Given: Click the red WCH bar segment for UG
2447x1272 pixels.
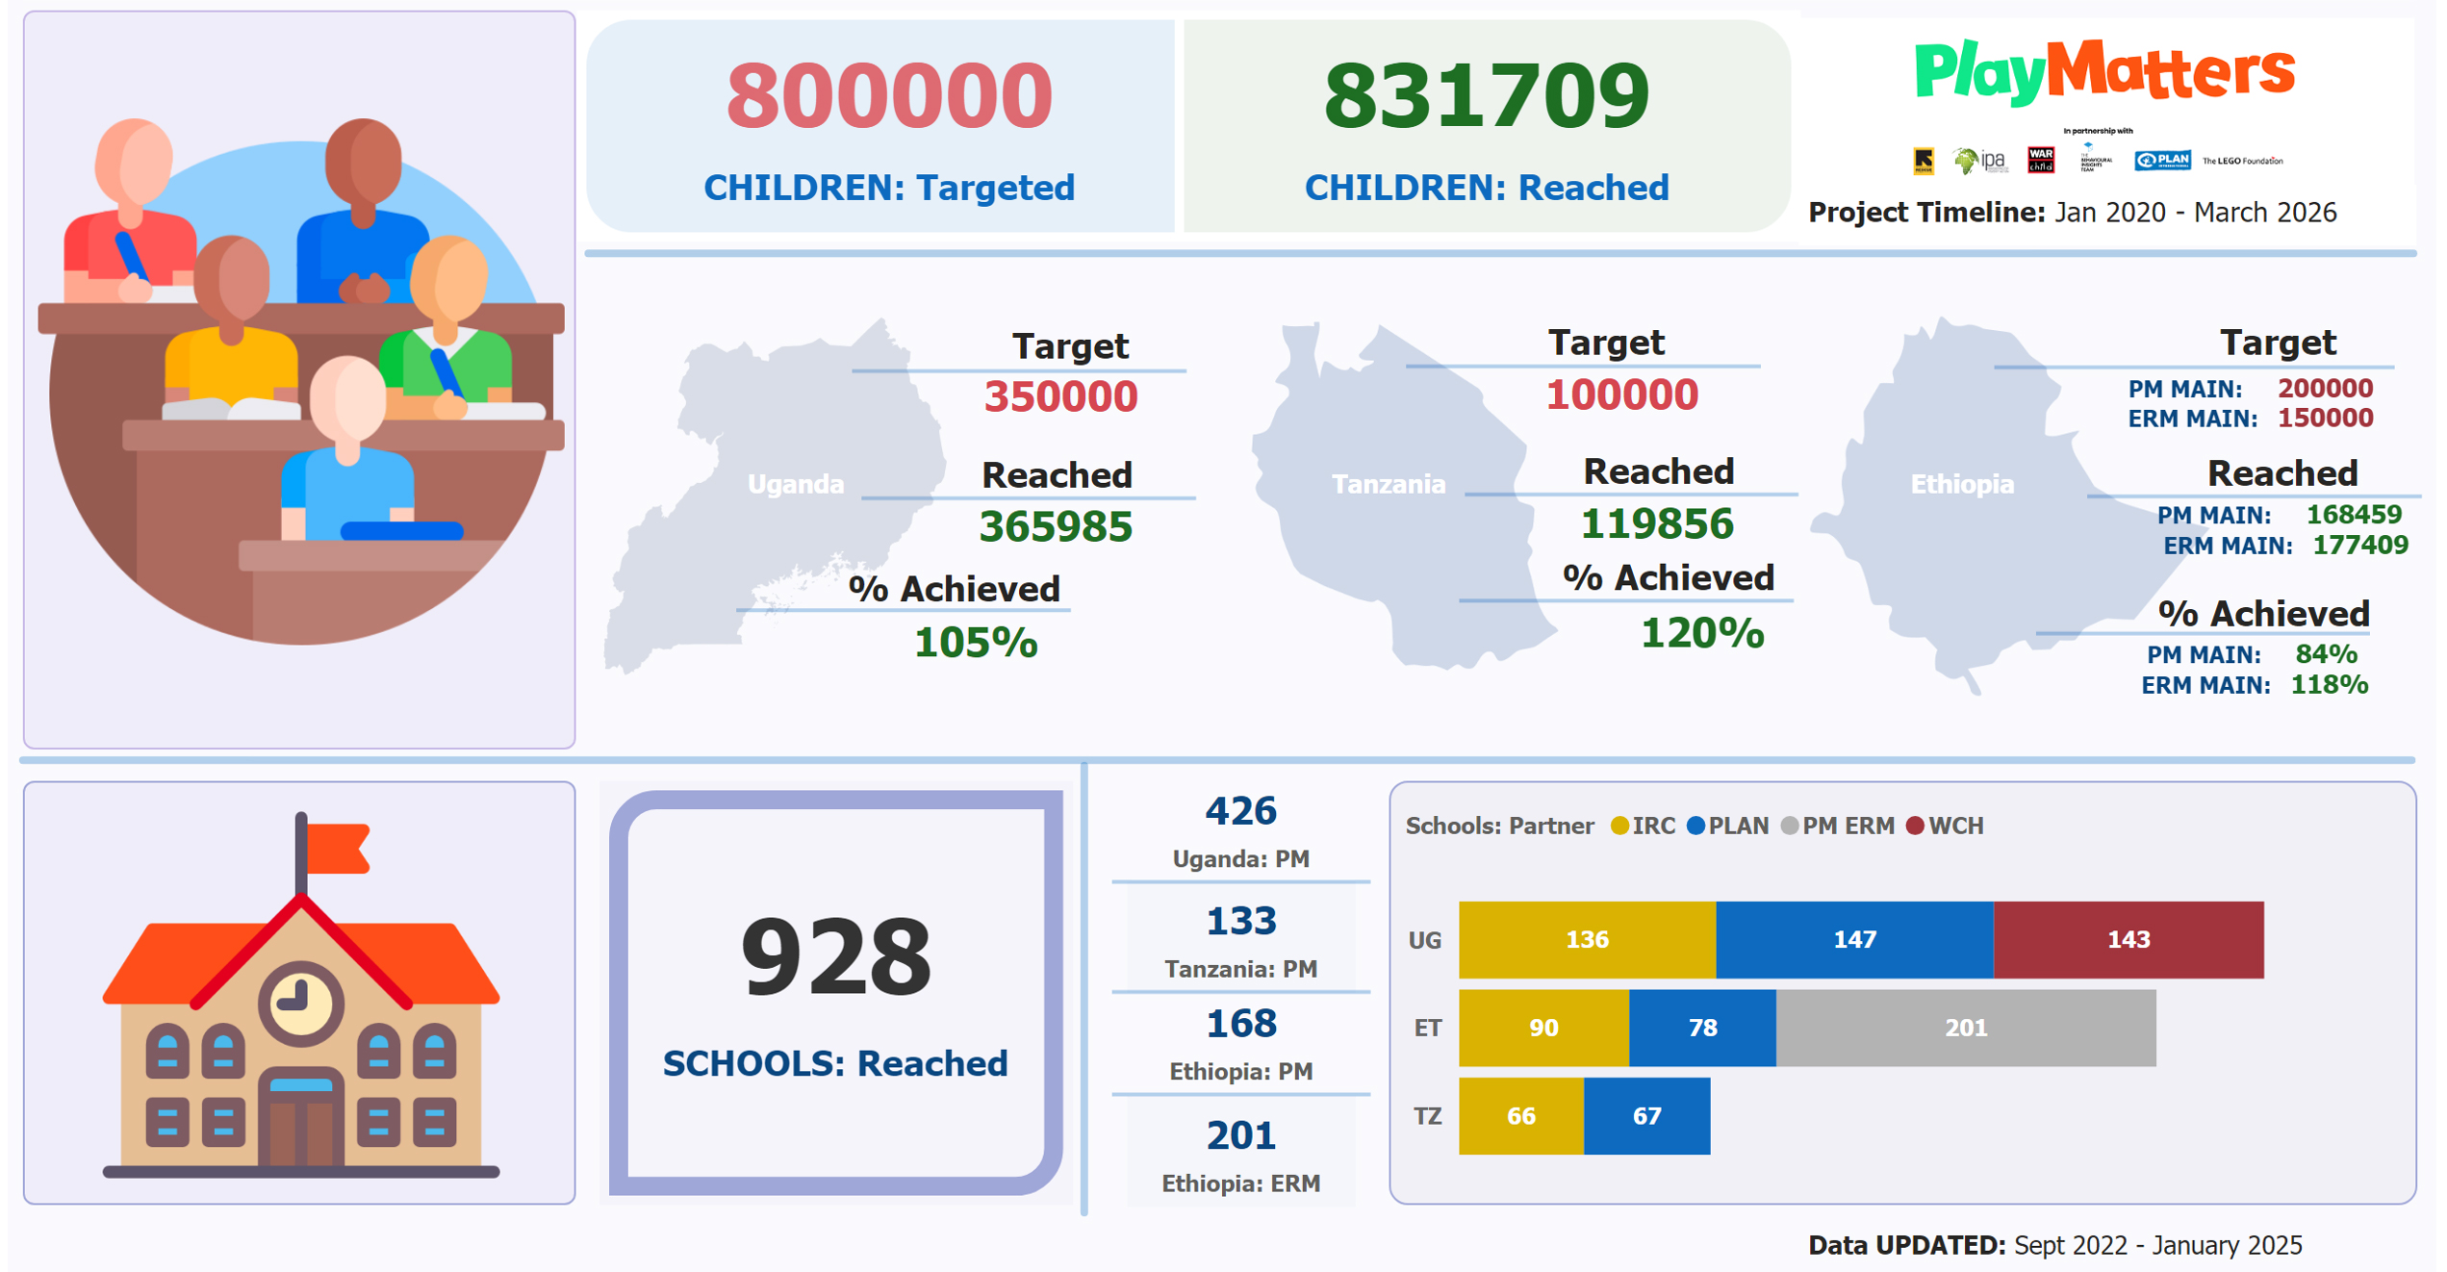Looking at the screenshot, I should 2128,939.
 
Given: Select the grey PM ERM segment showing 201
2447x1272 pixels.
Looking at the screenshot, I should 1965,1028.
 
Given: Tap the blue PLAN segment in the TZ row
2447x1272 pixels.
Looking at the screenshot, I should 1646,1116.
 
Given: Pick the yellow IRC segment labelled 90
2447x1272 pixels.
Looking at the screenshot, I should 1543,1028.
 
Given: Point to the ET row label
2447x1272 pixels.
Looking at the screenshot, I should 1427,1029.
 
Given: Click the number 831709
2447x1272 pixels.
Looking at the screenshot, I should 1487,96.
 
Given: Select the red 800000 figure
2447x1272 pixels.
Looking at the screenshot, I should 889,96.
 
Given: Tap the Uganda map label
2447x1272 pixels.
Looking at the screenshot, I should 796,484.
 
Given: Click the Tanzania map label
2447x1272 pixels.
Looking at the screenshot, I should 1389,484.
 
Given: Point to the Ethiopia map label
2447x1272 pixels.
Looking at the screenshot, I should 1962,484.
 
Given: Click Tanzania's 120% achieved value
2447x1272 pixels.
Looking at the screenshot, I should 1702,633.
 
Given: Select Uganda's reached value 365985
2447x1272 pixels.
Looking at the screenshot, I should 1056,526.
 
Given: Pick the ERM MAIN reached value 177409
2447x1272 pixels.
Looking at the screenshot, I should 2360,546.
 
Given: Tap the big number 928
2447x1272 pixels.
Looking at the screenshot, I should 836,957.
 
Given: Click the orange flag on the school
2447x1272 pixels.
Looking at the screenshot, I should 336,848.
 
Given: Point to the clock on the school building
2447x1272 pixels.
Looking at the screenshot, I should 301,1002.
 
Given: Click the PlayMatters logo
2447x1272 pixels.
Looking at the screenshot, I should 2104,72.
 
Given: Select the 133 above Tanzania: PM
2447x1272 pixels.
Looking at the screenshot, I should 1241,922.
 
